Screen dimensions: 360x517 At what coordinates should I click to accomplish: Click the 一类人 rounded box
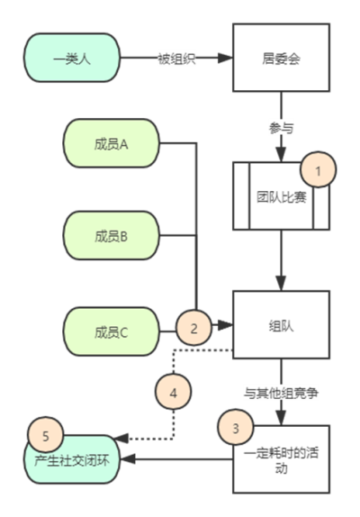click(x=72, y=58)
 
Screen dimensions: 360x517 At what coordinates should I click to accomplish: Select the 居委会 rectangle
click(x=281, y=58)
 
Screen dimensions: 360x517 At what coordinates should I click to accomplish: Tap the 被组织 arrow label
click(x=177, y=59)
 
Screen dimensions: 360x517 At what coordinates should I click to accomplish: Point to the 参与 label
click(x=281, y=128)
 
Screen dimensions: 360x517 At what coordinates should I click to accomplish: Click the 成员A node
click(x=112, y=143)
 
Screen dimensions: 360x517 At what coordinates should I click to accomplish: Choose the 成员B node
click(x=112, y=236)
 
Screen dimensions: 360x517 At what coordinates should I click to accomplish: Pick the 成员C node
click(x=112, y=331)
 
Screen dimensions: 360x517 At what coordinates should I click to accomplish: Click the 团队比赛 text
click(x=282, y=197)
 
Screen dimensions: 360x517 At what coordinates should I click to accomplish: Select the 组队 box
click(x=281, y=325)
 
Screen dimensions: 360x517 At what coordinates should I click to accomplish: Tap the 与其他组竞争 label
click(x=281, y=393)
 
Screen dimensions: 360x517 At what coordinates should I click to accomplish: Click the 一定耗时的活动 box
click(x=281, y=459)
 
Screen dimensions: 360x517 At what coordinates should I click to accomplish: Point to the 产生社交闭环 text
click(x=72, y=460)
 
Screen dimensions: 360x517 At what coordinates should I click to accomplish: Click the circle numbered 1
click(x=318, y=169)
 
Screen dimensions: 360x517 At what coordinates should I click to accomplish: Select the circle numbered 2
click(x=193, y=328)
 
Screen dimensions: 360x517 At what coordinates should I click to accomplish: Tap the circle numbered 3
click(x=236, y=428)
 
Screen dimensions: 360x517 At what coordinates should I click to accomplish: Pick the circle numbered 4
click(x=173, y=392)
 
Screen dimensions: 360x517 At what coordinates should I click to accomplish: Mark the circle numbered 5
click(x=46, y=435)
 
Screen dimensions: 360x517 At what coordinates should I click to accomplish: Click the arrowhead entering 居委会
click(x=225, y=58)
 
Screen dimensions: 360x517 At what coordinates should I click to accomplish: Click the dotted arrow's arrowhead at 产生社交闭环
click(x=121, y=439)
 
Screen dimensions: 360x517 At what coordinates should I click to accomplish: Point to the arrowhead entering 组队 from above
click(x=281, y=283)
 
